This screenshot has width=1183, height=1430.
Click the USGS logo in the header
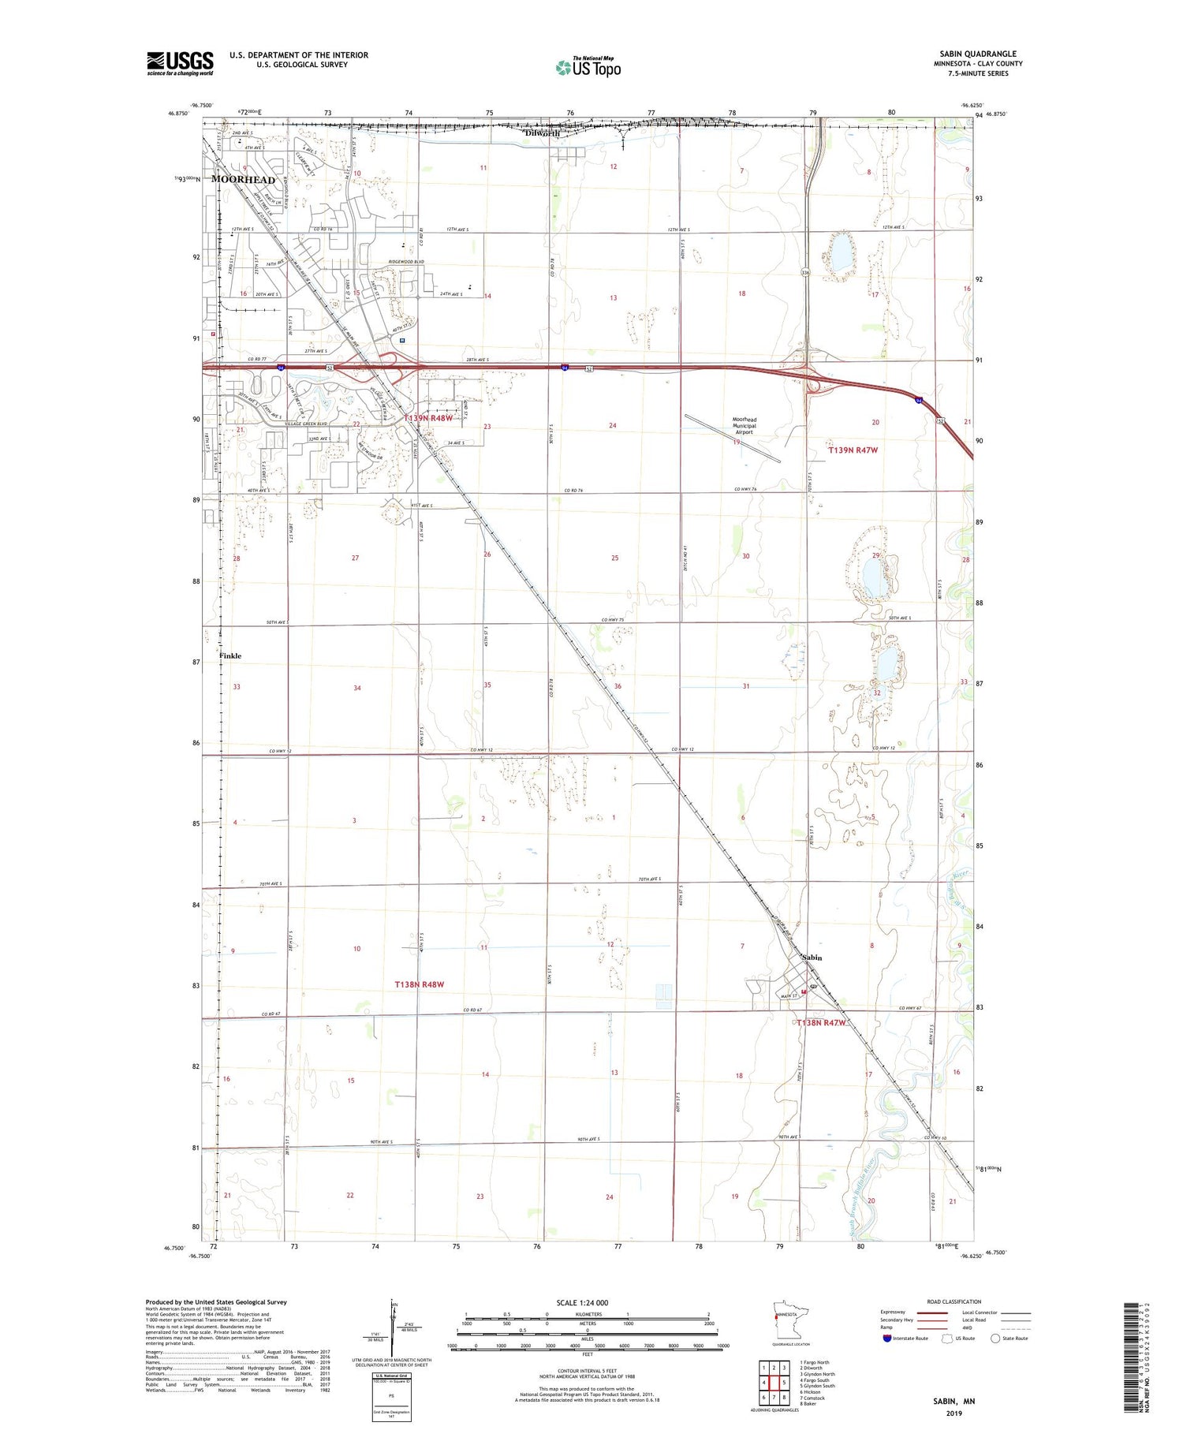coord(180,63)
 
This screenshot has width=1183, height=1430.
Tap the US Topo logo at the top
coord(588,67)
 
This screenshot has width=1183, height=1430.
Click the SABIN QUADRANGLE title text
coord(977,54)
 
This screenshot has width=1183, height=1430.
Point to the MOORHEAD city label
coord(244,180)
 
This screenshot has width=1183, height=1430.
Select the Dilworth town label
coord(543,133)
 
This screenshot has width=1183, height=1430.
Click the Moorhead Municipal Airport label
coord(744,426)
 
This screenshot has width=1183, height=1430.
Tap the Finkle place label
coord(230,655)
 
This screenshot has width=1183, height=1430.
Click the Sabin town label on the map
coord(812,958)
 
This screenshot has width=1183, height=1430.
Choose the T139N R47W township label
coord(853,450)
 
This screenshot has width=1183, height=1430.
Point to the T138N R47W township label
coord(821,1023)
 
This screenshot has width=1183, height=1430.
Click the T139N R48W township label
coord(428,418)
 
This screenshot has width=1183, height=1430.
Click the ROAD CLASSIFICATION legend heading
coord(954,1301)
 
